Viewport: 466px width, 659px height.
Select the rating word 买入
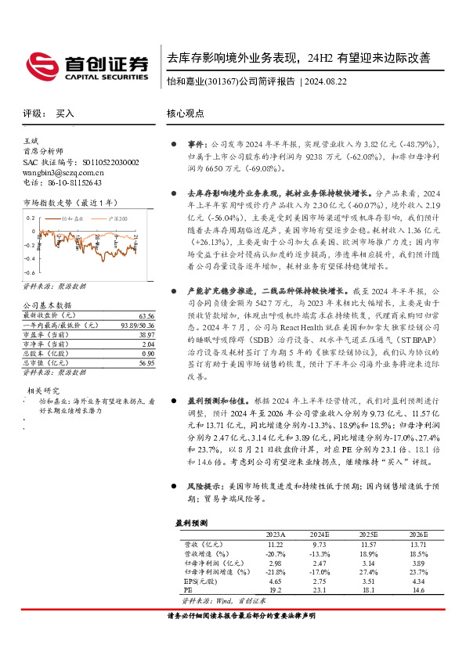coord(65,113)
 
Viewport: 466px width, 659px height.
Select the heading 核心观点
coord(186,113)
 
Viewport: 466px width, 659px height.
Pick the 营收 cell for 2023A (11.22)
coord(275,543)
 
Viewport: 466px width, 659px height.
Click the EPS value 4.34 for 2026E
coord(417,582)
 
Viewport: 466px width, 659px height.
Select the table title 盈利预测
coord(191,522)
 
